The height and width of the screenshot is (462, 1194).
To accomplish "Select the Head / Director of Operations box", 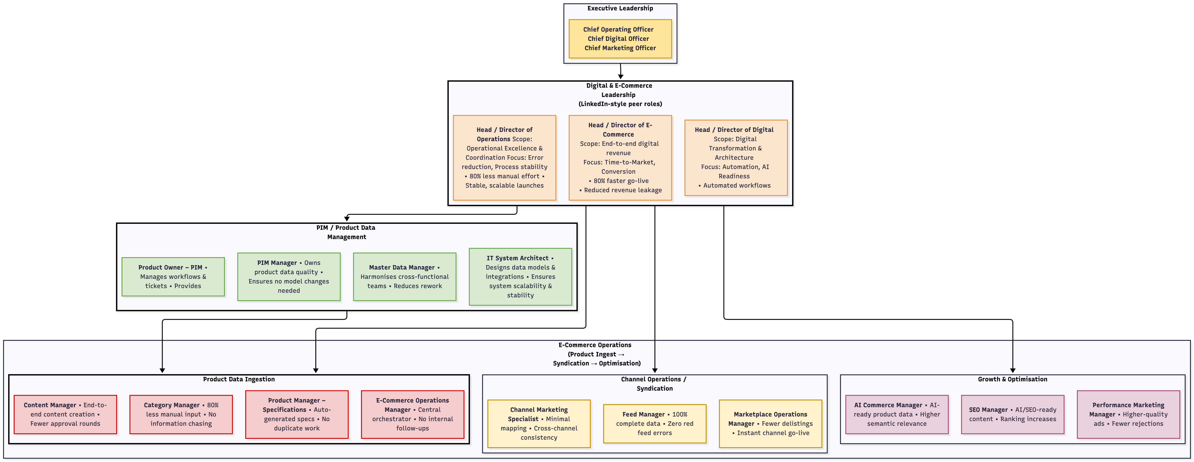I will [504, 158].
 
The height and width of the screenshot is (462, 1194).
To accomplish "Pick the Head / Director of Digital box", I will [736, 158].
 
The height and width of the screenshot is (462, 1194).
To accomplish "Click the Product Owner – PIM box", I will [173, 277].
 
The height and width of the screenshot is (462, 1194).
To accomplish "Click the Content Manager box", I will [65, 414].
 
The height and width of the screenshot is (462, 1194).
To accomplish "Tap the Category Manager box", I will [181, 414].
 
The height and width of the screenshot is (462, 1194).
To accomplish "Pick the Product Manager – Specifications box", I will [297, 414].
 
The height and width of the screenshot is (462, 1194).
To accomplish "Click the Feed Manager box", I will [655, 424].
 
